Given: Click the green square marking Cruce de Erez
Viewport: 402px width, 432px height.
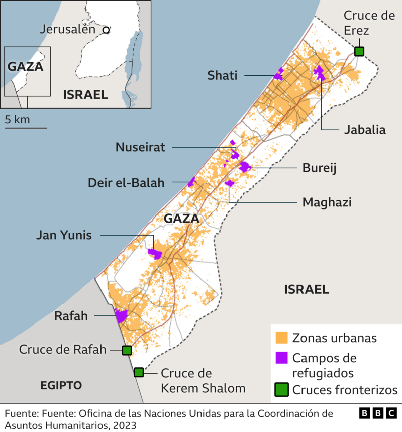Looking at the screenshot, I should coord(359,51).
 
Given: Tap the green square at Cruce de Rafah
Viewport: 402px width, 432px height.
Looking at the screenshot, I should coord(127,350).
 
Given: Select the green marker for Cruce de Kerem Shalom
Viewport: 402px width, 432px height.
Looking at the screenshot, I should coord(139,373).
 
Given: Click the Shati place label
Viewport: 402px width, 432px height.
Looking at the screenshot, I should coord(223,76).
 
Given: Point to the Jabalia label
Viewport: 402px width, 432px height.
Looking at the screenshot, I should coord(365,130).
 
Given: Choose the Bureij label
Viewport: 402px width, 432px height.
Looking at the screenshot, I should coord(319,168).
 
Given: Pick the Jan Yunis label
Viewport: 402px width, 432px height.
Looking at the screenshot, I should coord(64,235).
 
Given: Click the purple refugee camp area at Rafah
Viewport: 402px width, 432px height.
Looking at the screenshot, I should coord(121,315).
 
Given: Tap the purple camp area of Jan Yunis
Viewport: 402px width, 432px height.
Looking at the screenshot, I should coord(155,253).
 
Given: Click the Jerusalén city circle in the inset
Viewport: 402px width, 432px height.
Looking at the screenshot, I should coord(106,30).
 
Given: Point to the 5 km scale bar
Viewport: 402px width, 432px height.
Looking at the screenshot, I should coord(26,128).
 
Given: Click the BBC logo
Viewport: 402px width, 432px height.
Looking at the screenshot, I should coord(378,413).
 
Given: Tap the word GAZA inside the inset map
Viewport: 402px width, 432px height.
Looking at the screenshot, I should coord(25,66).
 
